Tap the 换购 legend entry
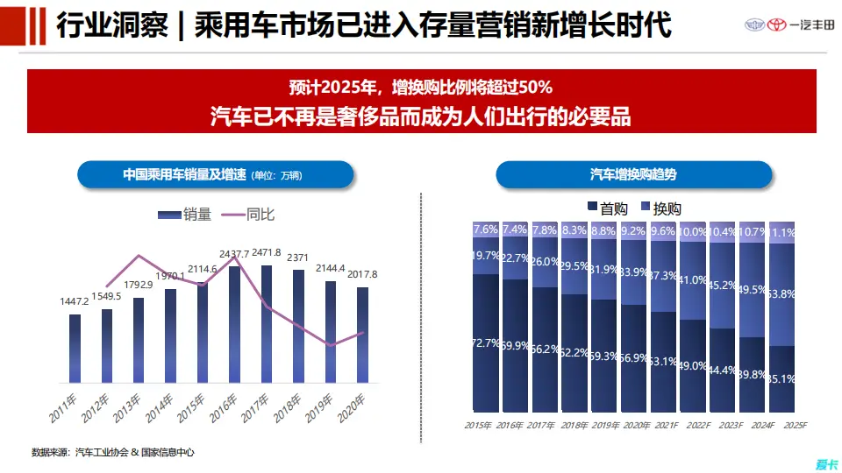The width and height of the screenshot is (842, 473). pos(660,208)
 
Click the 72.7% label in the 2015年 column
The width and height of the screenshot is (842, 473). pos(486,342)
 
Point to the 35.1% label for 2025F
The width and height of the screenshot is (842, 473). pos(781,379)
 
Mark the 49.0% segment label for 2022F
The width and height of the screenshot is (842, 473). pos(693,366)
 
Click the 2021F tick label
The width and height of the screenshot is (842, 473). pos(663,425)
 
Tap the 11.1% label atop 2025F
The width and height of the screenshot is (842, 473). pos(781,233)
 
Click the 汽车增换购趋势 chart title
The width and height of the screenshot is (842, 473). pos(633,175)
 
